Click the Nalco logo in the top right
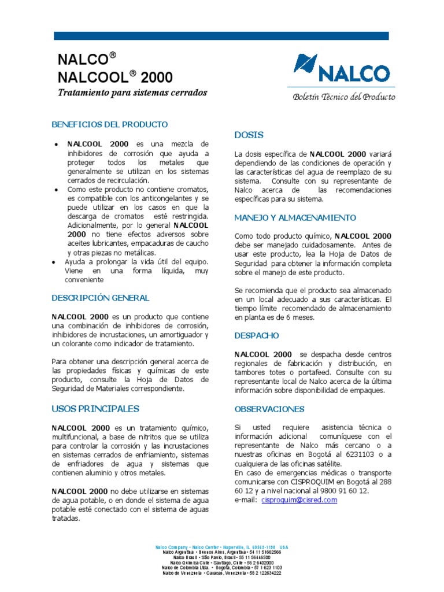coord(341,69)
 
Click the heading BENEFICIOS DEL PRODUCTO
coord(109,124)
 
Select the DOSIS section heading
coord(249,135)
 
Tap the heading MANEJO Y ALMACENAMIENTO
coord(295,218)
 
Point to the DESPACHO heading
coord(257,335)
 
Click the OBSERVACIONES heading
coord(269,409)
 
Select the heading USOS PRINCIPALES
coord(95,409)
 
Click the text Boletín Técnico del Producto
coord(343,97)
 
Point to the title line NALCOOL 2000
coord(114,77)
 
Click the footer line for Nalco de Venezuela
coord(221,573)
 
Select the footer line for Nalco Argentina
coord(221,552)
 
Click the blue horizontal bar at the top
coord(221,36)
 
